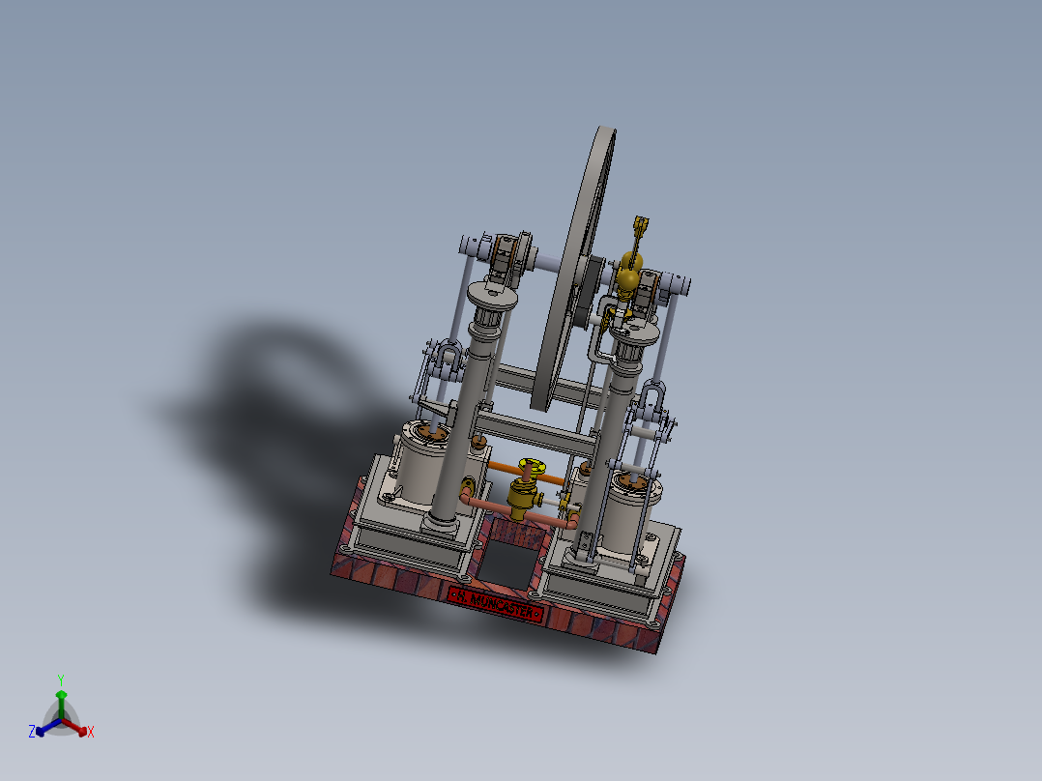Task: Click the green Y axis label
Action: pyautogui.click(x=60, y=679)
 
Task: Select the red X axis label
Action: pyautogui.click(x=90, y=733)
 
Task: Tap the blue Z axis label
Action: pyautogui.click(x=32, y=733)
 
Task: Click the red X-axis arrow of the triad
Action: pyautogui.click(x=80, y=728)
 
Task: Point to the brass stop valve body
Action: pyautogui.click(x=523, y=501)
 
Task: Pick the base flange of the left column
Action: pyautogui.click(x=441, y=523)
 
